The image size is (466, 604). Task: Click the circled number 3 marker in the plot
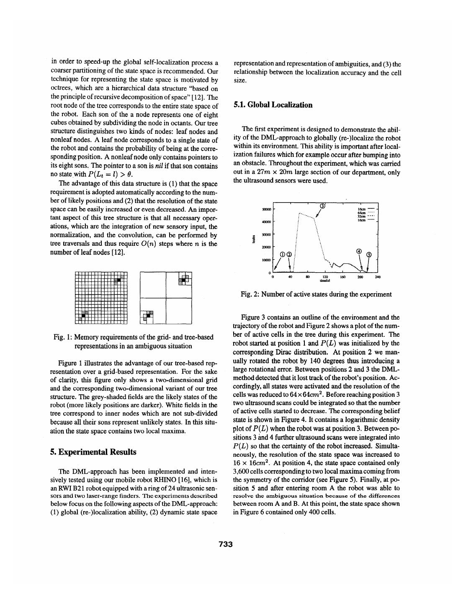point(322,206)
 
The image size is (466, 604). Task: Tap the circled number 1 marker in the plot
point(283,254)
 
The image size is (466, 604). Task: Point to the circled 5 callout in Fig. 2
point(368,254)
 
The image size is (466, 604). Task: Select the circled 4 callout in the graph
point(358,251)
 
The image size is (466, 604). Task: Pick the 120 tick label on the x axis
point(325,277)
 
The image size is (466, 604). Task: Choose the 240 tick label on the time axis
point(378,277)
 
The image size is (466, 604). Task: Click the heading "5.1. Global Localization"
point(273,105)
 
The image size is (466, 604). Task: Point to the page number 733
point(226,544)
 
